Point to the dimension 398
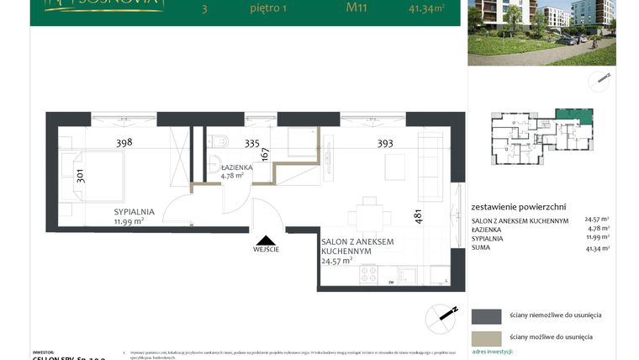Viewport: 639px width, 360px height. point(124,143)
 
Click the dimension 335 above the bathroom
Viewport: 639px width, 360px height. point(253,143)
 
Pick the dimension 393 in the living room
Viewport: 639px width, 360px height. point(385,143)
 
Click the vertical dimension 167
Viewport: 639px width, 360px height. point(266,155)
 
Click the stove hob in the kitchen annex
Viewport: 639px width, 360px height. point(368,274)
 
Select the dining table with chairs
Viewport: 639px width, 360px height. point(367,216)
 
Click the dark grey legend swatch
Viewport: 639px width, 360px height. point(486,316)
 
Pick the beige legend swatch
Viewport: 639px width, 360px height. point(486,336)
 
